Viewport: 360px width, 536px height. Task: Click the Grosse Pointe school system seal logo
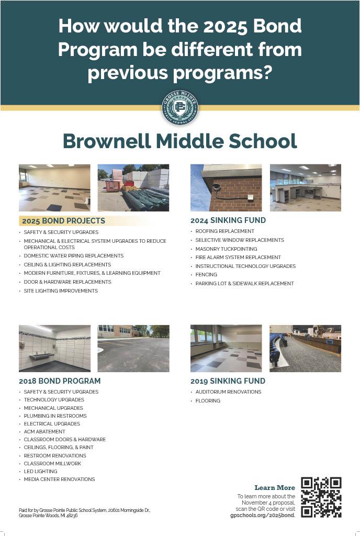point(180,108)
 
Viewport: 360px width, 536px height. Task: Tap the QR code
point(321,497)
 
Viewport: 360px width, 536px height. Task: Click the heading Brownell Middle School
point(180,141)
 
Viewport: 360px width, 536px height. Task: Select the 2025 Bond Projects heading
point(63,221)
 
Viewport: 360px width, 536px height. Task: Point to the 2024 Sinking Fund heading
point(228,220)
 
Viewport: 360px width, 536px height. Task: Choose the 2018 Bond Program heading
point(60,381)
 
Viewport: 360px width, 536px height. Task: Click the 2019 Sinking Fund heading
point(228,381)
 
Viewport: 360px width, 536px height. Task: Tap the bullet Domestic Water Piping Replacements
point(73,256)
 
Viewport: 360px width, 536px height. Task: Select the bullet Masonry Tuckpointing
point(226,249)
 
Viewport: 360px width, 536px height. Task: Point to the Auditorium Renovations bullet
point(228,392)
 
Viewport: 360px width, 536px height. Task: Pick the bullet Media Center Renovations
point(59,479)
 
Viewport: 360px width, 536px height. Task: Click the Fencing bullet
point(206,275)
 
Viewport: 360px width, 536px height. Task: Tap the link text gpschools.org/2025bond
point(263,515)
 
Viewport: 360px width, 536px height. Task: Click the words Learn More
point(275,488)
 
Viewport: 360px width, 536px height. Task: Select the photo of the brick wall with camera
point(226,187)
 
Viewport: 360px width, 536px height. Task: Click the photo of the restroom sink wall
point(54,348)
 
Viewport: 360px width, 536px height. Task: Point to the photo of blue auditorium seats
point(305,348)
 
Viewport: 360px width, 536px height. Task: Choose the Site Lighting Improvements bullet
point(61,291)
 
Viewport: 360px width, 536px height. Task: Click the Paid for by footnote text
point(84,512)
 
